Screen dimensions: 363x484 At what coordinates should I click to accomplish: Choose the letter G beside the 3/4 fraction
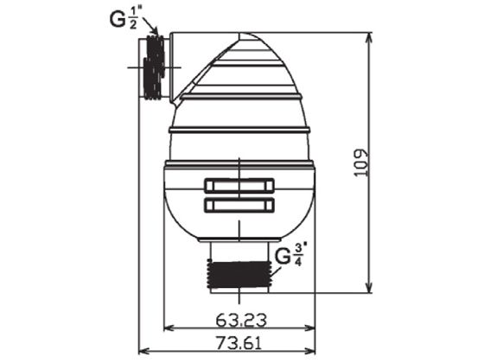coord(283,256)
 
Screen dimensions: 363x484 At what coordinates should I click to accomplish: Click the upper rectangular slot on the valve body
coord(239,184)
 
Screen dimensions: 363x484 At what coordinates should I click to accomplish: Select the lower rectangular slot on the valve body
coord(239,205)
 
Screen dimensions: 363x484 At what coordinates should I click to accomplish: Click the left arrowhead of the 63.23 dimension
coord(168,328)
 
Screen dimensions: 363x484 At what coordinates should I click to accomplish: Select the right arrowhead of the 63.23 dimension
coord(312,328)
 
